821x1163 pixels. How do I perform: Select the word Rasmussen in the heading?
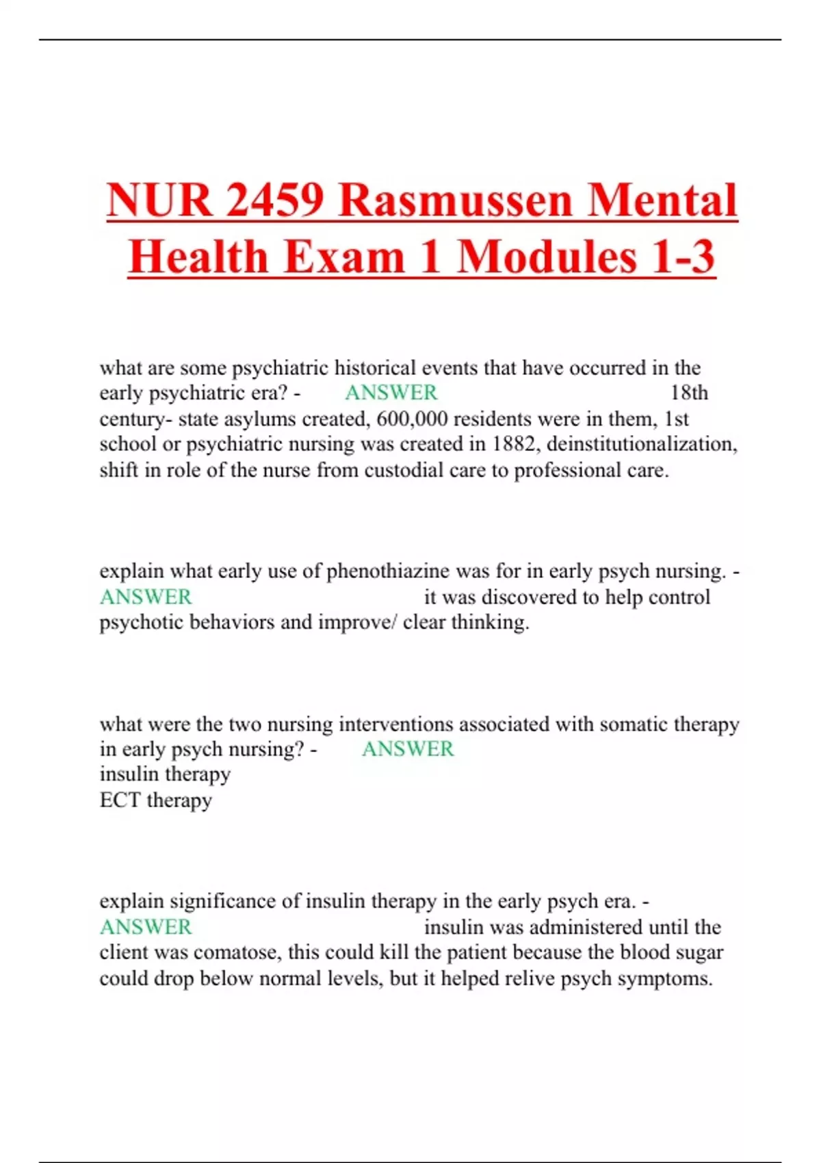454,200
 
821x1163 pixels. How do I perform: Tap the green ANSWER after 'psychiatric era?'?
391,393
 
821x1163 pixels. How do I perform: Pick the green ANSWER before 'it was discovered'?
146,597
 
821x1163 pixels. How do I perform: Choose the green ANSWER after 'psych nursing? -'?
408,749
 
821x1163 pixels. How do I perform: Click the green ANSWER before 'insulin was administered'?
146,928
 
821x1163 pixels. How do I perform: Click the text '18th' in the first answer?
689,393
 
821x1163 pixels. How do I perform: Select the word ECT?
120,800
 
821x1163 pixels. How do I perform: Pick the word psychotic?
141,623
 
